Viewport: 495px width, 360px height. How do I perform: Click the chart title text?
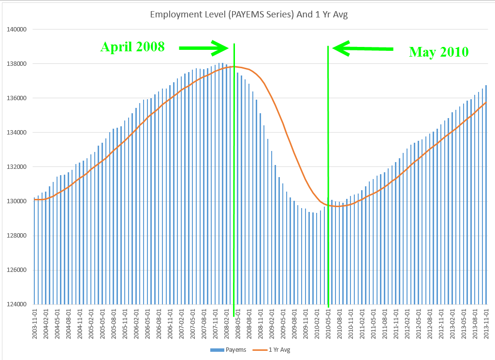pos(249,15)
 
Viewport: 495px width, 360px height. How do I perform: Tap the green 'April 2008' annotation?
pos(132,47)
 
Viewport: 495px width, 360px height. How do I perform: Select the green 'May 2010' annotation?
pos(438,52)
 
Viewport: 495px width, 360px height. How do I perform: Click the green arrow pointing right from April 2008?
pos(204,48)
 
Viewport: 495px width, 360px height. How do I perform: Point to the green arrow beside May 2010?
pos(363,48)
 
